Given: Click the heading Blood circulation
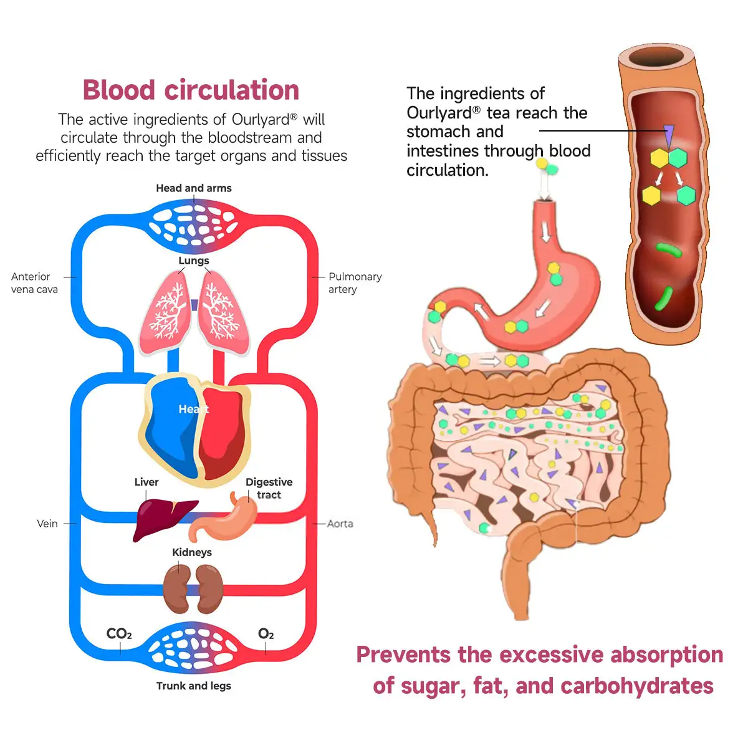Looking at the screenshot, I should coord(191,90).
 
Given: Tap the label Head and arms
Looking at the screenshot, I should coord(193,188).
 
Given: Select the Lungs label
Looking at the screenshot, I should coord(194,261).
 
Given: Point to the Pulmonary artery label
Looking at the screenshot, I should coord(355,283).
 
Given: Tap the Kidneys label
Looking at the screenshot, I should coord(192,552).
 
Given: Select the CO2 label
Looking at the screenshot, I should coord(119,634).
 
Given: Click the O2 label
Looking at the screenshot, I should coord(266,634).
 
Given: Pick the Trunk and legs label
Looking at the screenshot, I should coord(193,686).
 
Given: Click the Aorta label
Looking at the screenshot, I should coord(340,524).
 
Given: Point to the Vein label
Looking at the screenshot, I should coord(47,524).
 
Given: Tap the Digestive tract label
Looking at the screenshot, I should coord(269,488).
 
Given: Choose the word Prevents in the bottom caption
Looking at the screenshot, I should coord(403,654).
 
